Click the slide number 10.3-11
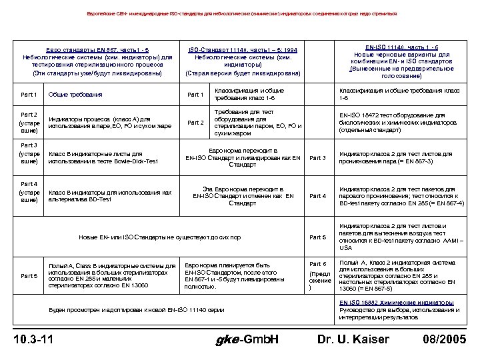click(x=34, y=339)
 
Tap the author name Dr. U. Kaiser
click(x=353, y=339)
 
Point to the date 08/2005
click(x=444, y=339)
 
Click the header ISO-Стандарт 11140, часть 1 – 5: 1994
click(x=243, y=50)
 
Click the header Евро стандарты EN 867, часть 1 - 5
click(x=97, y=50)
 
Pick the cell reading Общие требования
click(x=75, y=95)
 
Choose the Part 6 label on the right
click(x=318, y=264)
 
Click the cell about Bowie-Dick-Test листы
click(x=103, y=158)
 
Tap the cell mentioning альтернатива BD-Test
click(x=110, y=196)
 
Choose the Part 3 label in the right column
click(x=318, y=158)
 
